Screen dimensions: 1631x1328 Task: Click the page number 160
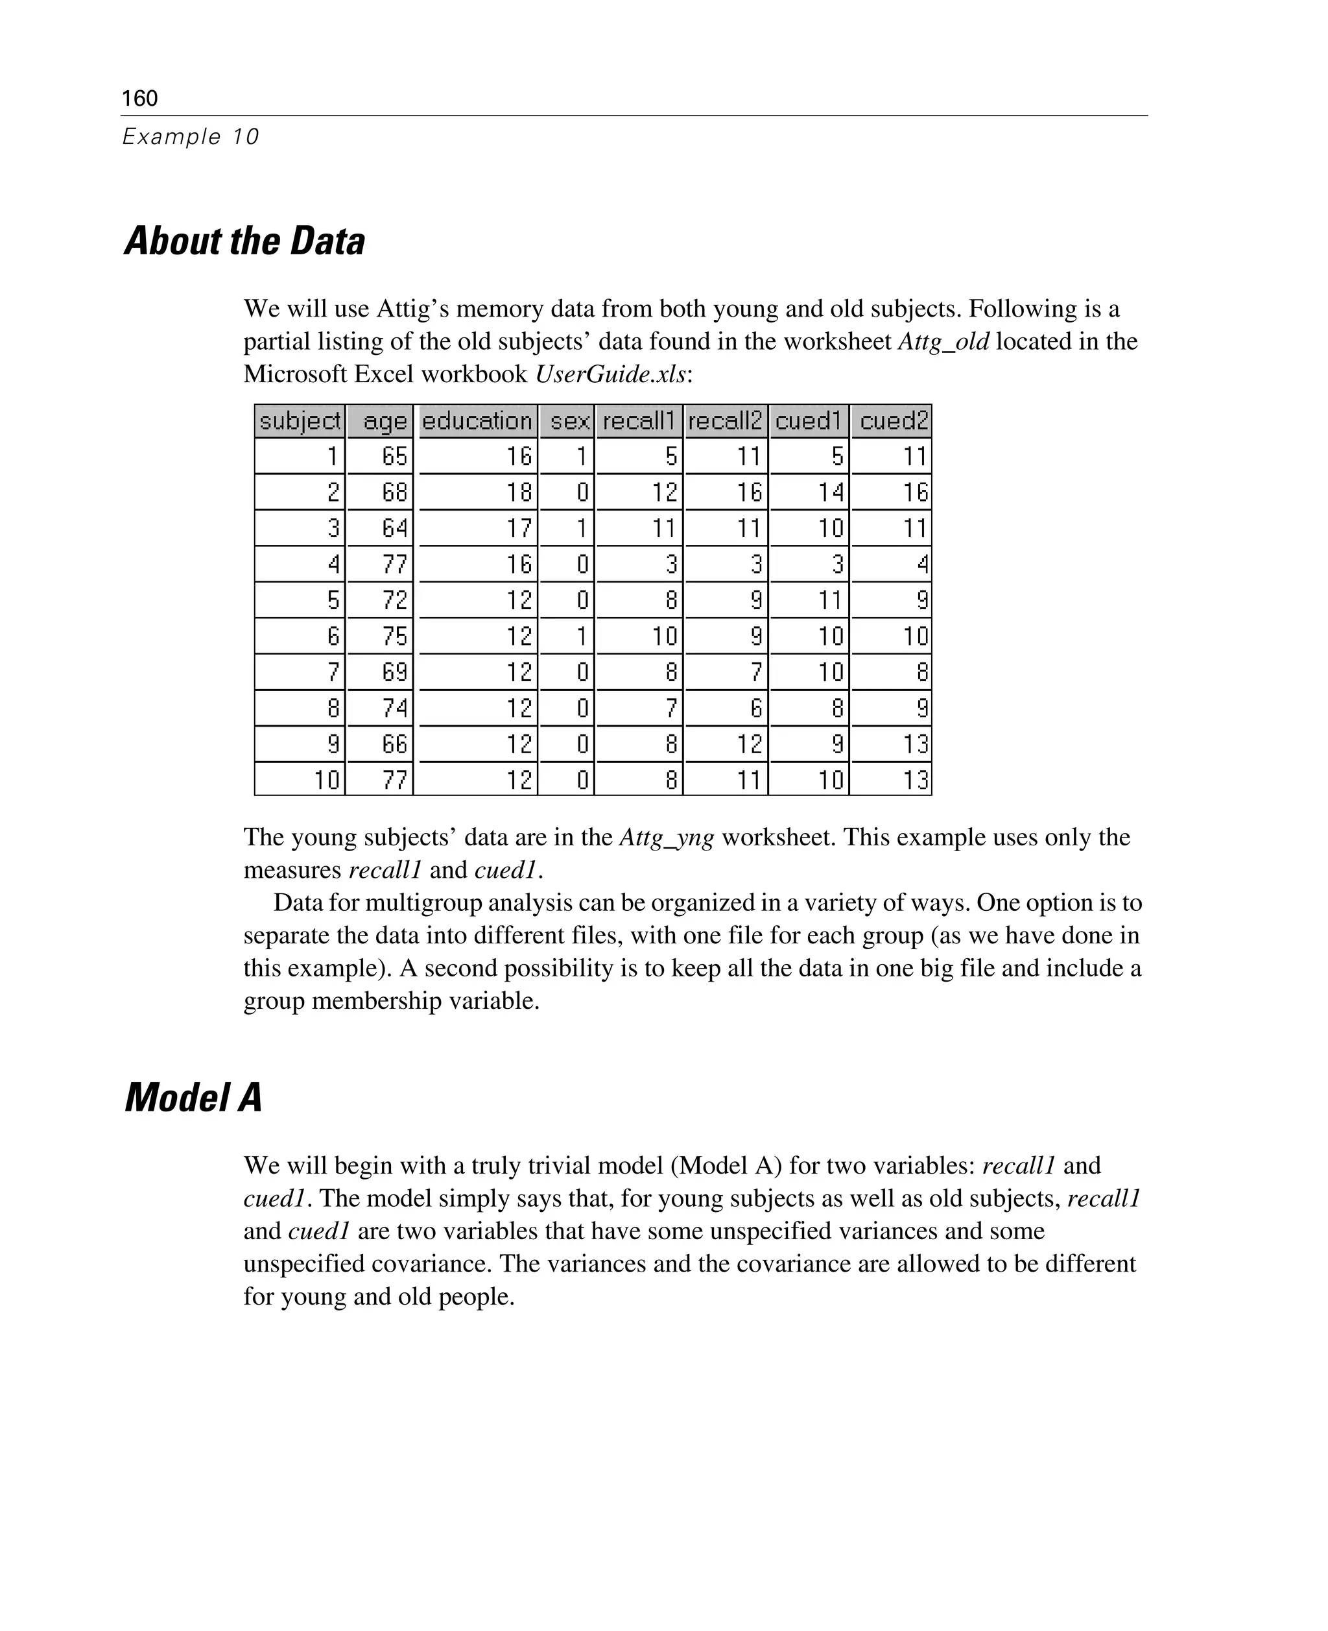tap(139, 98)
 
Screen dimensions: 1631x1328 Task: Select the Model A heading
tap(193, 1098)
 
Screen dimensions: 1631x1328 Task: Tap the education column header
tap(477, 421)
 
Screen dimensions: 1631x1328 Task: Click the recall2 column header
tap(725, 421)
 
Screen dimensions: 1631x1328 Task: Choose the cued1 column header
tap(809, 421)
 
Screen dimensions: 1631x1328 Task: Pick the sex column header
tap(569, 421)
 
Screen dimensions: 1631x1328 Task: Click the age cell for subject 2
tap(394, 492)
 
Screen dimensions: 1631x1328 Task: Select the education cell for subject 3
tap(519, 528)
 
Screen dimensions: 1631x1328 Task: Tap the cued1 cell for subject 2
tap(829, 492)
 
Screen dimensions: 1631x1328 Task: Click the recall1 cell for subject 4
tap(671, 564)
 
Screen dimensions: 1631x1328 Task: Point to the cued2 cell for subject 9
tap(915, 744)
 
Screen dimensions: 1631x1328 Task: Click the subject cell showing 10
tap(327, 780)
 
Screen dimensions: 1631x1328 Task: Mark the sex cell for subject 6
tap(582, 636)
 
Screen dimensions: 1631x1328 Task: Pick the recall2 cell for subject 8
tap(755, 708)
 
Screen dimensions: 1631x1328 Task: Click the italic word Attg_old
tap(943, 341)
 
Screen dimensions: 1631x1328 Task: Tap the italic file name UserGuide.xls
tap(610, 374)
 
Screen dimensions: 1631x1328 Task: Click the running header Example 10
tap(191, 136)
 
